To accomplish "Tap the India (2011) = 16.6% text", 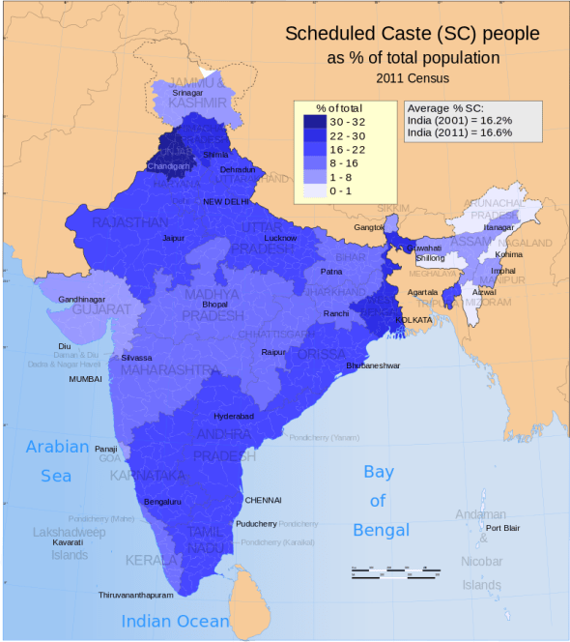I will coord(460,133).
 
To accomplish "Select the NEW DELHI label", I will coord(225,202).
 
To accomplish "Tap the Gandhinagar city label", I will coord(83,301).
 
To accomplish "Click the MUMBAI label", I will coord(85,379).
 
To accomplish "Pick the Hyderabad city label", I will coord(233,416).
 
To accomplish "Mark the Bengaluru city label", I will coord(161,502).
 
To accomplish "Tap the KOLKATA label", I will coord(413,319).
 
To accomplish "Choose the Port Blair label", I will coord(502,528).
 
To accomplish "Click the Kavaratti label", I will coord(67,542).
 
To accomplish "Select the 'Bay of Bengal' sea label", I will coord(380,501).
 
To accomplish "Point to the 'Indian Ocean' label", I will coord(175,622).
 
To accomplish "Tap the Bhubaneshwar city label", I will coord(374,366).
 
